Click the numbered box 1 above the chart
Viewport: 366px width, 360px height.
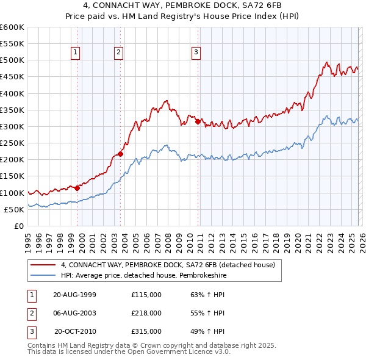tap(75, 52)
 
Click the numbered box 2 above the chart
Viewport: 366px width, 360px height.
tap(118, 52)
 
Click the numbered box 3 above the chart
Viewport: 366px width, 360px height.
tap(196, 52)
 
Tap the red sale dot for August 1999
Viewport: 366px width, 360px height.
tap(77, 189)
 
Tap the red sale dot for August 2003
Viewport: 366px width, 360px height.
tap(120, 154)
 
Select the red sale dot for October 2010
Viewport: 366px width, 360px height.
tap(198, 121)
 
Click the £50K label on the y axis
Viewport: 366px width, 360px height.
tap(14, 209)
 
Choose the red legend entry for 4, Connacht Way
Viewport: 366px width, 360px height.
tap(168, 265)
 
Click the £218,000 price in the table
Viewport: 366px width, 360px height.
tap(146, 313)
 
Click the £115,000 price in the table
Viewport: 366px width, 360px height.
tap(146, 295)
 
